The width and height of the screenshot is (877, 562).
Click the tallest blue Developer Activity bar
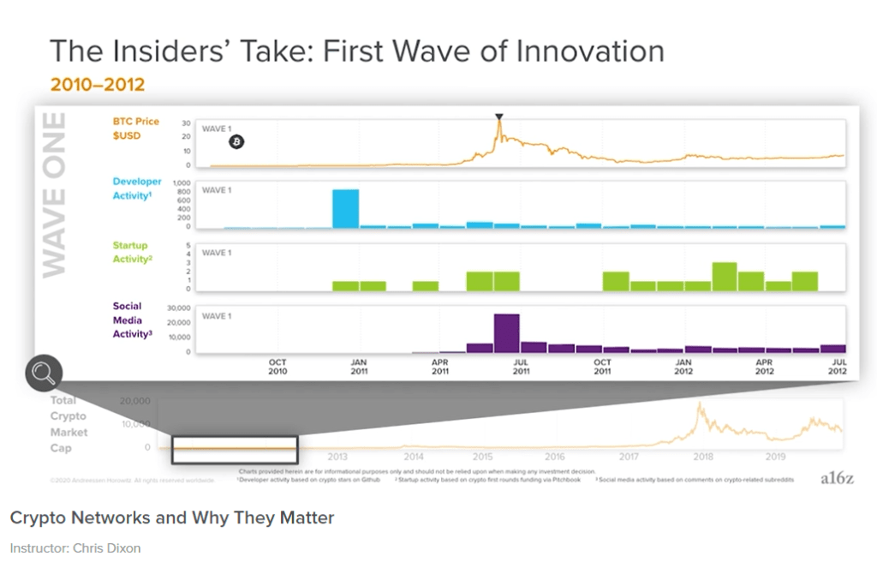pos(345,208)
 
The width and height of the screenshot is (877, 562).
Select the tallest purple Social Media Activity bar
pos(506,333)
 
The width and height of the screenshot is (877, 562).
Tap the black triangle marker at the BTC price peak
pos(499,117)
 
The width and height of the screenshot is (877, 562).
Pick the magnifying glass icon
pos(44,373)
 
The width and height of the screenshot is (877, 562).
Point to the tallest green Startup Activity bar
pos(725,276)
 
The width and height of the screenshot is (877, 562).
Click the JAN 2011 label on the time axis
pos(359,367)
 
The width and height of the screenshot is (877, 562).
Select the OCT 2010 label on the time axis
pos(277,367)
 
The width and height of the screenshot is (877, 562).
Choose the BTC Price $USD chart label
pos(136,129)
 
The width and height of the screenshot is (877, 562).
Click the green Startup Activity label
pos(132,252)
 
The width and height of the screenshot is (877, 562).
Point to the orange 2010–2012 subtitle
pos(97,84)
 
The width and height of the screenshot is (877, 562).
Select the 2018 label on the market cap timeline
pos(703,457)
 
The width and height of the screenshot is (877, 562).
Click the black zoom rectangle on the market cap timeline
pos(234,450)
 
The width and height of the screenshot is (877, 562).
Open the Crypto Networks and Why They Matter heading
pos(171,517)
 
